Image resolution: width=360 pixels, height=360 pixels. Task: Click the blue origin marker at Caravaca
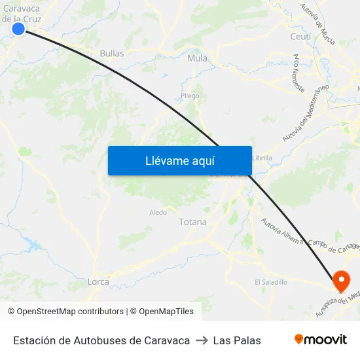[18, 28]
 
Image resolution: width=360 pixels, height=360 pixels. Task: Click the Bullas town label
[112, 53]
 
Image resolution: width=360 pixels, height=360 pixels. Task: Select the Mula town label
[197, 58]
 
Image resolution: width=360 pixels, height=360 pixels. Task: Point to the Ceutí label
[300, 37]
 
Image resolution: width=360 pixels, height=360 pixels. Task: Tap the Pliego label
[190, 96]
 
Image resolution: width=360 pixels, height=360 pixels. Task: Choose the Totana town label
[192, 222]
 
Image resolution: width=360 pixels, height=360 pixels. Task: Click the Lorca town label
[98, 281]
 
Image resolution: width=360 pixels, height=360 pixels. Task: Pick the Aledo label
[158, 212]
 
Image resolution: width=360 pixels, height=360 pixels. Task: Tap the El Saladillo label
[271, 282]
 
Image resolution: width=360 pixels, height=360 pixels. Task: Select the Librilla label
[262, 158]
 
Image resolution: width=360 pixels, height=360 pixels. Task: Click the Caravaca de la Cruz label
[22, 13]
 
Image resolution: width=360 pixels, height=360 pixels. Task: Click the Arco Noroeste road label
[301, 72]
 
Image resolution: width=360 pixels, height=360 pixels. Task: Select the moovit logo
[321, 339]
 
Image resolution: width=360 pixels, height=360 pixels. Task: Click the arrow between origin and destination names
[202, 340]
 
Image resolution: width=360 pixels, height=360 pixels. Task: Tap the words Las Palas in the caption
[237, 340]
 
